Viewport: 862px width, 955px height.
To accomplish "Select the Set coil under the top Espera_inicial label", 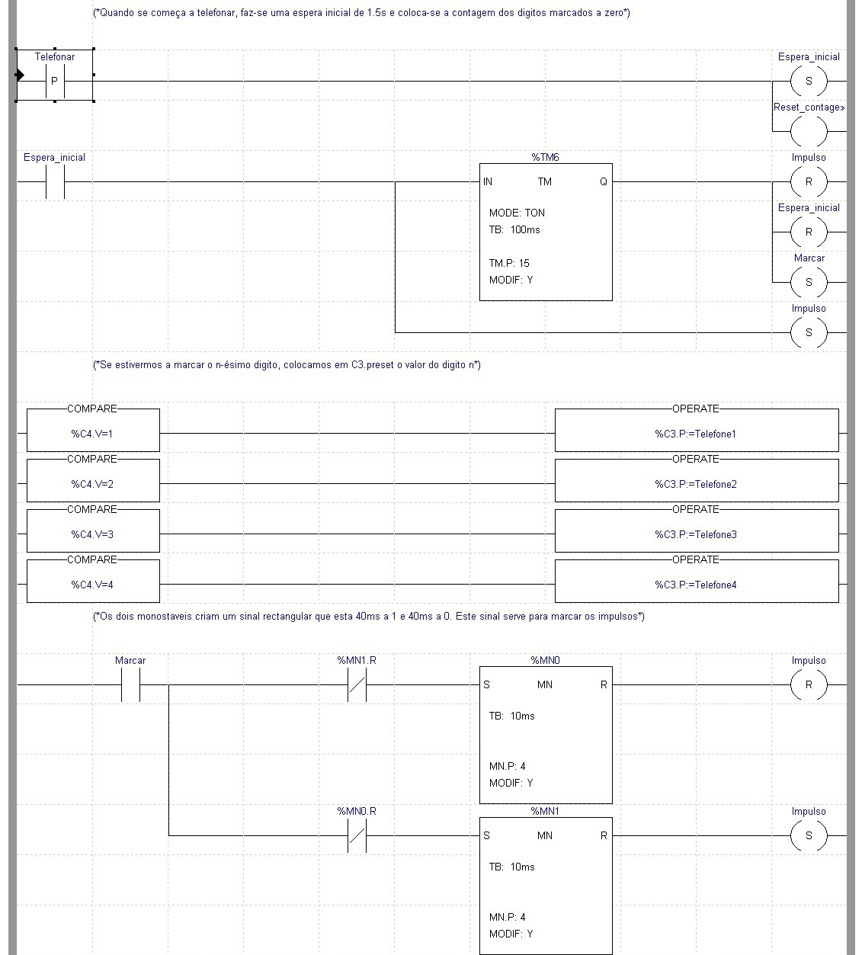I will click(x=809, y=80).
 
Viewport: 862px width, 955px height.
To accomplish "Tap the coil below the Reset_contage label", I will click(x=809, y=131).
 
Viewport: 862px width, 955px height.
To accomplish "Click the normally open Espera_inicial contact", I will click(x=55, y=182).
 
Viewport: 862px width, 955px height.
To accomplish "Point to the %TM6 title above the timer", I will click(x=545, y=158).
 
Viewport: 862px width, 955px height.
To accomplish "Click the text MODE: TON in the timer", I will click(x=517, y=213).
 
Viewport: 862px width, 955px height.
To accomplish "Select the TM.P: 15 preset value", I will click(x=509, y=264).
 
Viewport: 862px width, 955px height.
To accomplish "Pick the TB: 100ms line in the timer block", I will click(x=514, y=230).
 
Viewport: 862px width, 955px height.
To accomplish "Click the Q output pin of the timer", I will click(x=603, y=182).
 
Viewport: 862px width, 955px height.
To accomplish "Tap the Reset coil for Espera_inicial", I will click(x=809, y=232).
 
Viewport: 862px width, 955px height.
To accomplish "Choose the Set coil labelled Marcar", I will click(x=809, y=282).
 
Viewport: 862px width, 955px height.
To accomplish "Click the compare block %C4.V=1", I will click(x=93, y=434).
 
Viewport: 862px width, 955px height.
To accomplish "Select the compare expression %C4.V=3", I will click(x=93, y=535).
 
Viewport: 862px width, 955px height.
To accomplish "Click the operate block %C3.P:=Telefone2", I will click(x=696, y=484).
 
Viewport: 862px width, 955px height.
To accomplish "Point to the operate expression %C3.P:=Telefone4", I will click(x=696, y=585).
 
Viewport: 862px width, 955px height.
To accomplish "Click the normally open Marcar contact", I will click(x=130, y=685).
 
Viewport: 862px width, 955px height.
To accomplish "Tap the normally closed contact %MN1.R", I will click(x=357, y=685).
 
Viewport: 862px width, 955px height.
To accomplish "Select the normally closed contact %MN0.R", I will click(x=357, y=836).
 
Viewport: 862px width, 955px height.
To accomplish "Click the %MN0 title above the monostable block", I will click(x=545, y=661).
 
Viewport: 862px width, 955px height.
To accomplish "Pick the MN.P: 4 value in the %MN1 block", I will click(x=507, y=918).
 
